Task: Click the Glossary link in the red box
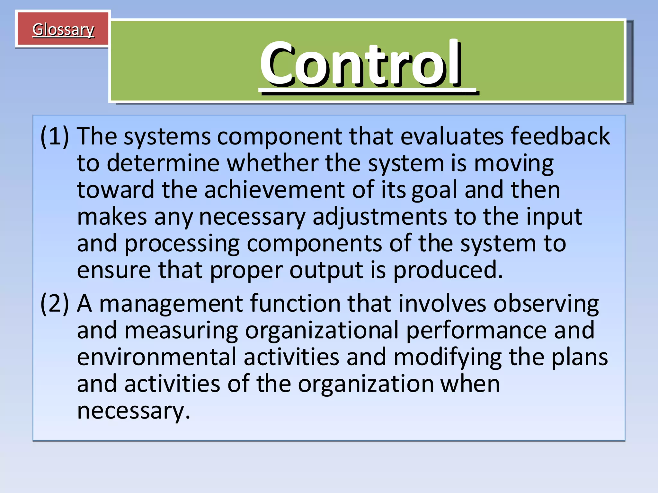tap(63, 30)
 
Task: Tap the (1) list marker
tap(54, 137)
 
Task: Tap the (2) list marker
tap(54, 304)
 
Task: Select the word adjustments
tap(379, 217)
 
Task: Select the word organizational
tap(321, 331)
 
